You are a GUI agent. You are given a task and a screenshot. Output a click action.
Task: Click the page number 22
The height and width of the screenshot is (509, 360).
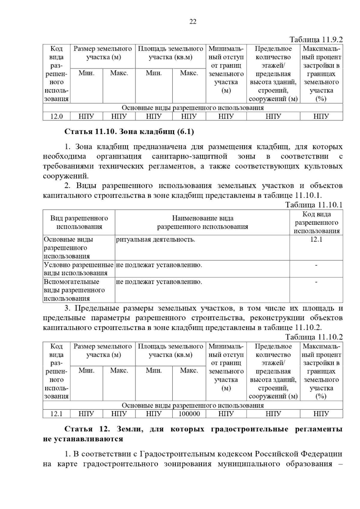coord(193,22)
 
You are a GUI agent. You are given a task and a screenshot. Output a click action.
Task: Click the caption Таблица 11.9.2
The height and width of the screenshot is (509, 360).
coord(316,40)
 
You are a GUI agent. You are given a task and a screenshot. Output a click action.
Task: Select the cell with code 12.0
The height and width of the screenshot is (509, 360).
coord(56,116)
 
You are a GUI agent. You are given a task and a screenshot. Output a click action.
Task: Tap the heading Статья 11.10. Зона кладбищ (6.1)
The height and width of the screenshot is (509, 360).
coord(129,132)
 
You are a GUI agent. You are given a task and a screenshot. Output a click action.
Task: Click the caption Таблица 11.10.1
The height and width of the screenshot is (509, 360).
coord(314,205)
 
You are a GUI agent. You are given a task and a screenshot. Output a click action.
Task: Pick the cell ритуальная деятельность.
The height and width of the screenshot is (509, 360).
coord(155,240)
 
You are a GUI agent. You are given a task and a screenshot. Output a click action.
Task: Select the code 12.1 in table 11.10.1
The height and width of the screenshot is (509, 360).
coord(316,239)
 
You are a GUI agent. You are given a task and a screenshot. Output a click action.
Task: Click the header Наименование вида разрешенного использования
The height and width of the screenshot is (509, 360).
coord(202,222)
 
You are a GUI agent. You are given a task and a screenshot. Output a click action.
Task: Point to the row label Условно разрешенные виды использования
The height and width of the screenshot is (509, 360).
coord(79,269)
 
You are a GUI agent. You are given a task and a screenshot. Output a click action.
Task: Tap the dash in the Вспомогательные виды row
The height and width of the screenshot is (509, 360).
coord(316,282)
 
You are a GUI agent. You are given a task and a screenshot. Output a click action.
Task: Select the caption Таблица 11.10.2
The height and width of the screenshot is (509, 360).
coord(314,337)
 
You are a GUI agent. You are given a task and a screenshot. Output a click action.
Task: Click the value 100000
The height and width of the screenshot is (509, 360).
coord(189,414)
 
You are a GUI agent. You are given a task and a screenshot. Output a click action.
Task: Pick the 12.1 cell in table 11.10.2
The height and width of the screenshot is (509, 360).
coord(56,414)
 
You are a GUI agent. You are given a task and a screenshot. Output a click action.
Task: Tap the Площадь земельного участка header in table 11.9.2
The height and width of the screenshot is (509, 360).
coord(170,53)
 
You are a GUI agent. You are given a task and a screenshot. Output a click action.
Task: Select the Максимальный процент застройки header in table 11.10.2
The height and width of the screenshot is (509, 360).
coord(321,371)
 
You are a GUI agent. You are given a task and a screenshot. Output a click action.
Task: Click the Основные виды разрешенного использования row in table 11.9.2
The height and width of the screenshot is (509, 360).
coord(193,108)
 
